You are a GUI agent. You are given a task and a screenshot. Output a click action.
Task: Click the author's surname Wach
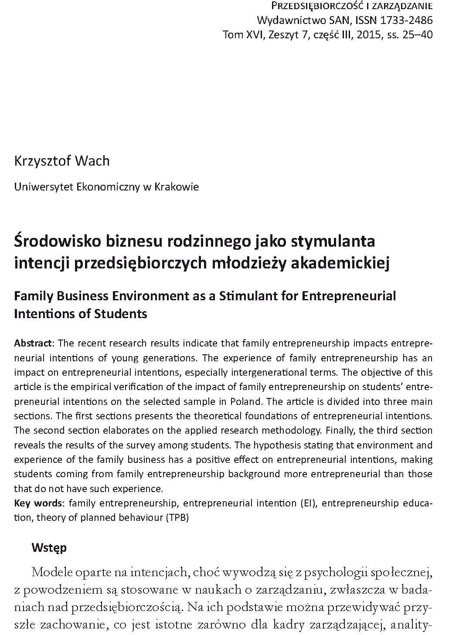pos(92,161)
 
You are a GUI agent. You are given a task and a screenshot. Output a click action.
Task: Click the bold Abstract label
pos(33,343)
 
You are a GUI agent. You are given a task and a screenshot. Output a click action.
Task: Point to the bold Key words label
pos(38,503)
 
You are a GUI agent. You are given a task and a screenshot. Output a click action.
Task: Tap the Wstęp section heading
pos(49,547)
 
